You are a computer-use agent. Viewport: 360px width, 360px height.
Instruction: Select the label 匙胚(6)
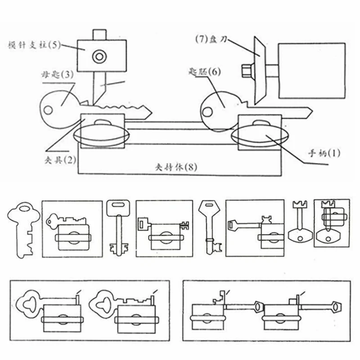click(205, 72)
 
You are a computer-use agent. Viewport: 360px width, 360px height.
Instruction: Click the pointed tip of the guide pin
click(94, 102)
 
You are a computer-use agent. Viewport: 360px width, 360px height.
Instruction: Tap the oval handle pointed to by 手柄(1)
click(261, 137)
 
